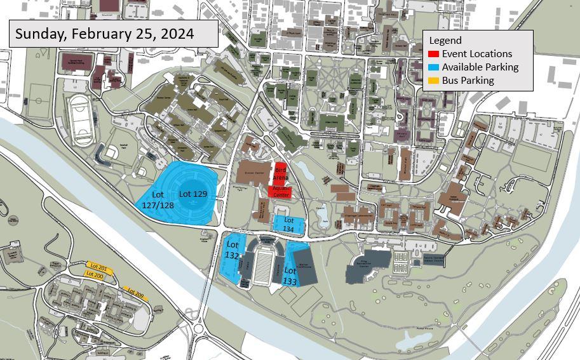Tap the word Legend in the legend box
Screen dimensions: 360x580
tap(446, 41)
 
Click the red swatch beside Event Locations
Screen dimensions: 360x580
tap(433, 54)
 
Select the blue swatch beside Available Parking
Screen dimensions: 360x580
tap(433, 67)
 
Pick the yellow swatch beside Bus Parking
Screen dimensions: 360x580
tap(433, 81)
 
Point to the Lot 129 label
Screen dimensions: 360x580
tap(192, 194)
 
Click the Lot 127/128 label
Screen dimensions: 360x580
tap(158, 199)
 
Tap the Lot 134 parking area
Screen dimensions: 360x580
tap(288, 223)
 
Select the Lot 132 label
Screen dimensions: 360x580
tap(232, 250)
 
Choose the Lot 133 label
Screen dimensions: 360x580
tap(290, 276)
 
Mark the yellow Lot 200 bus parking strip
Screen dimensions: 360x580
tap(94, 276)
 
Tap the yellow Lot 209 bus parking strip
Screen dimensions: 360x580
tap(135, 293)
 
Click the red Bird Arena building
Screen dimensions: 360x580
tap(280, 174)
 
